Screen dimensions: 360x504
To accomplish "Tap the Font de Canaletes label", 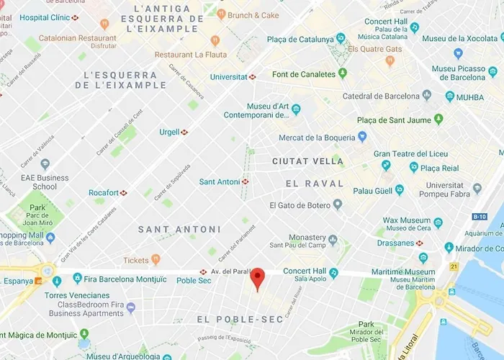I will pos(304,74).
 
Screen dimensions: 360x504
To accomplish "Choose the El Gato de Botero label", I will pos(300,205).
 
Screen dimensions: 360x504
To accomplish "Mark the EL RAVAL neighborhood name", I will pos(314,184).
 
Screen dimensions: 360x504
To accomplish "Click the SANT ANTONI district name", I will pos(179,229).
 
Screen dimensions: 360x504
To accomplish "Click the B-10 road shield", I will pos(480,216).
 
